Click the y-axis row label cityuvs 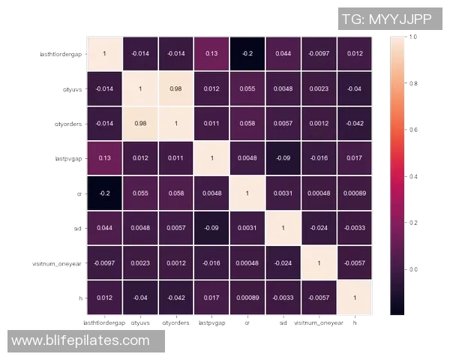click(x=73, y=88)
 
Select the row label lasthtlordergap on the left click(x=61, y=54)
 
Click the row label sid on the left click(x=77, y=227)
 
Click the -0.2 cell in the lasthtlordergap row click(x=247, y=54)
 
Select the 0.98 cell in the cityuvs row click(x=175, y=88)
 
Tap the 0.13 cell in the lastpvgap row click(x=103, y=158)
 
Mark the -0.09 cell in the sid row click(x=211, y=227)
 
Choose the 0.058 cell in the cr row click(x=175, y=193)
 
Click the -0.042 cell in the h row click(x=175, y=298)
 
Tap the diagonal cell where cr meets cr click(x=247, y=193)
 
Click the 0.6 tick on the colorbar click(x=412, y=130)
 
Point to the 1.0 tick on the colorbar click(x=412, y=36)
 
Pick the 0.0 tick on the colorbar click(x=412, y=268)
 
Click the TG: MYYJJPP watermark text click(x=390, y=18)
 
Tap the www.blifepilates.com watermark click(x=80, y=341)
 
